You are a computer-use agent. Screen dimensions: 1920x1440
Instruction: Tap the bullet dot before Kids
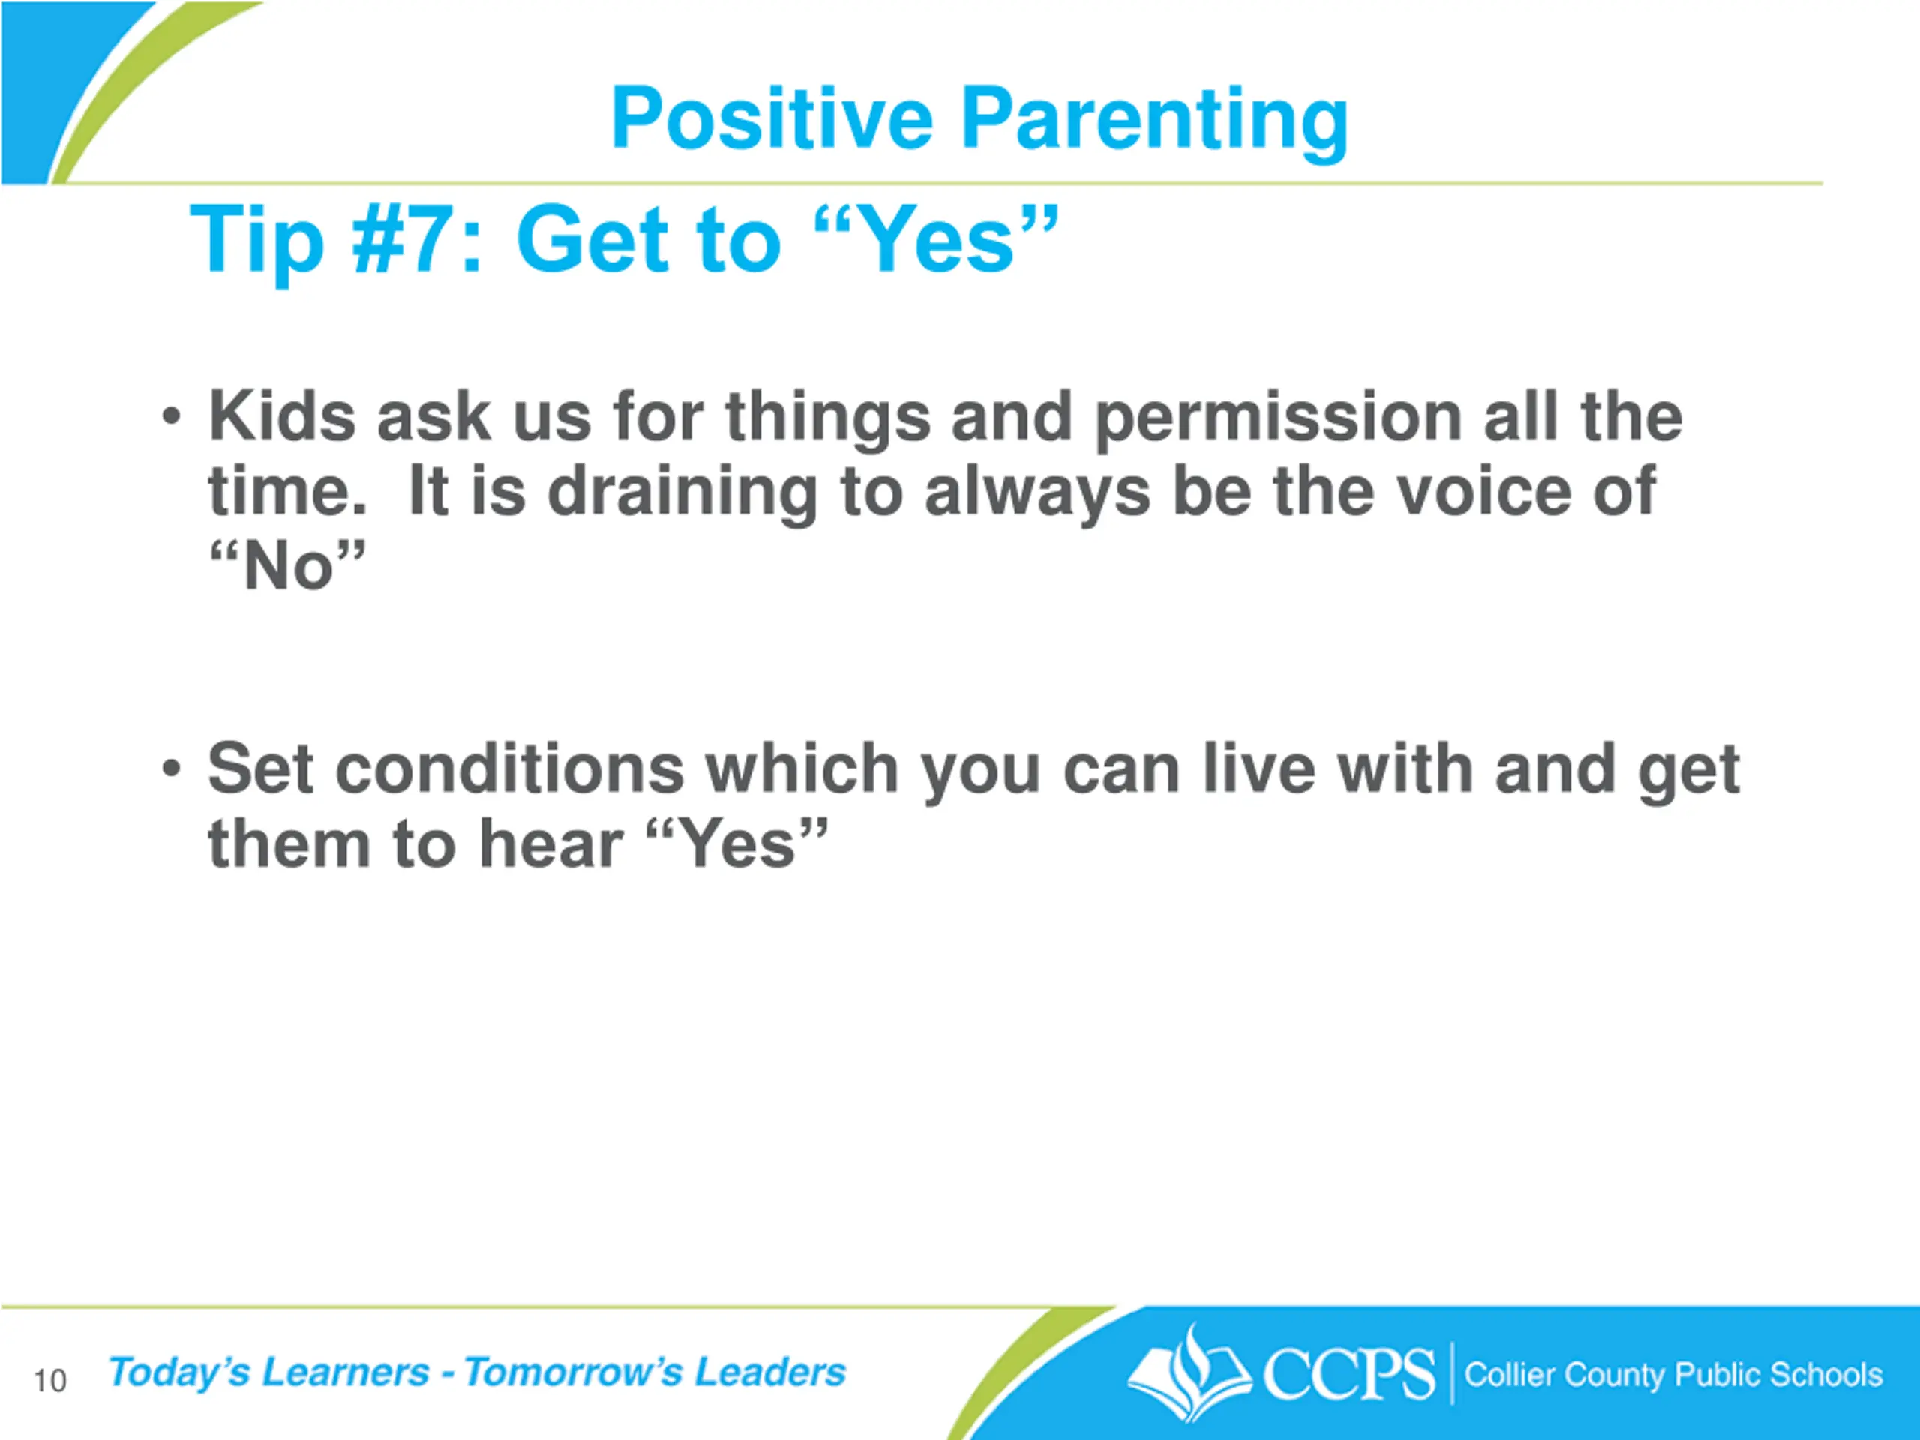(x=172, y=417)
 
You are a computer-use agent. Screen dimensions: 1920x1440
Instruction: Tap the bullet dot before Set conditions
(x=172, y=769)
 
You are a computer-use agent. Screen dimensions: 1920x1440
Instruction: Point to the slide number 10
(x=50, y=1380)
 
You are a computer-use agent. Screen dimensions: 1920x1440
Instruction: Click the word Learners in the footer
(x=346, y=1372)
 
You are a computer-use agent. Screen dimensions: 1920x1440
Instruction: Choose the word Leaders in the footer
(x=770, y=1372)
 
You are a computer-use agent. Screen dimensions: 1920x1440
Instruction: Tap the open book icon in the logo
(x=1189, y=1375)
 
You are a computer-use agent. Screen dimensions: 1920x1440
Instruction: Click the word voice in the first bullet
(x=1474, y=492)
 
